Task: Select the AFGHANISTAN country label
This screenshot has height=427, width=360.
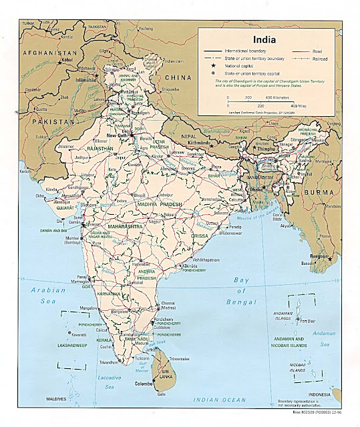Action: [48, 51]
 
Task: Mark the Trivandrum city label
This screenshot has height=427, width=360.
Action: [110, 362]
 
